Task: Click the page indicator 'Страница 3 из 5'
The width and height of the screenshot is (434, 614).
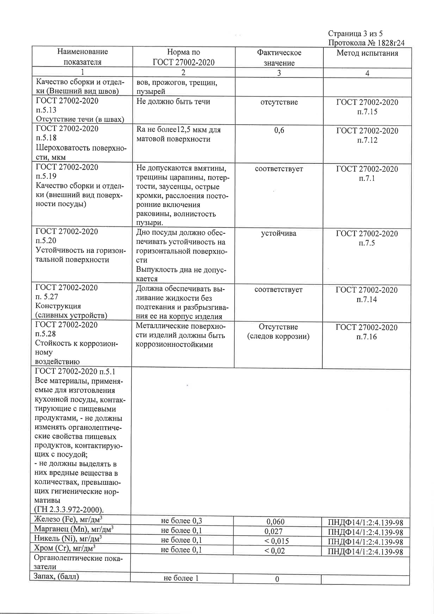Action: (355, 34)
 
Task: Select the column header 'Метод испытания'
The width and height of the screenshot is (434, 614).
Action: (367, 53)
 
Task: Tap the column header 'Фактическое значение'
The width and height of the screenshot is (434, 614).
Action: (279, 58)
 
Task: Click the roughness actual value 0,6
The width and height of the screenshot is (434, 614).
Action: (279, 131)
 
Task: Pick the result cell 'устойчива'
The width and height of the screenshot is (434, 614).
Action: (279, 233)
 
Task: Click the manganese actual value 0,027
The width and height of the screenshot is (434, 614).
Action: (274, 531)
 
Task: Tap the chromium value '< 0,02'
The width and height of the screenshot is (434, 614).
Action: (275, 551)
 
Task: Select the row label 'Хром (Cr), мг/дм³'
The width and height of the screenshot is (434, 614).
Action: (65, 548)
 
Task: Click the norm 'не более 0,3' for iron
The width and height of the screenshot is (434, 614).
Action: (181, 521)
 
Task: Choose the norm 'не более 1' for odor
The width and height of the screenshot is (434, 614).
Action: (181, 578)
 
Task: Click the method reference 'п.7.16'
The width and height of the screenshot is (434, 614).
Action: (367, 337)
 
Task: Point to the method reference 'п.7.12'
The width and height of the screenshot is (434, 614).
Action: (367, 140)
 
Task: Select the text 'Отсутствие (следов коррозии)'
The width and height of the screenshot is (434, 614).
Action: (278, 332)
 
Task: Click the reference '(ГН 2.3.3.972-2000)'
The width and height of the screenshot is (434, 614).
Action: (69, 509)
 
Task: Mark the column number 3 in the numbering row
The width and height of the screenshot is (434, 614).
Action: (279, 73)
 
